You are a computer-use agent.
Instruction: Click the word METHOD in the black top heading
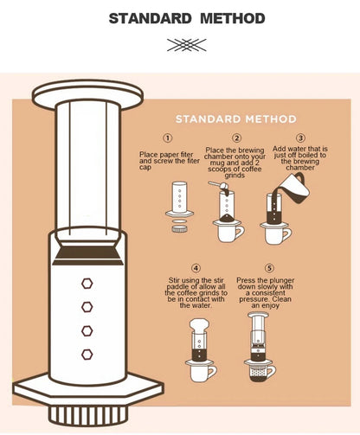[x=233, y=18]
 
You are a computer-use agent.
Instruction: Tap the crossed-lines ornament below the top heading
[x=187, y=45]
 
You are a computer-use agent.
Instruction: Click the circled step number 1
[x=168, y=138]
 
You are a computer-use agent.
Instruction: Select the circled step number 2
[x=237, y=138]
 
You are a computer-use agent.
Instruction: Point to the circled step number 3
[x=300, y=138]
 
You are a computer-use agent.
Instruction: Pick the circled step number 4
[x=196, y=268]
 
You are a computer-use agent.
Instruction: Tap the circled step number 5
[x=269, y=268]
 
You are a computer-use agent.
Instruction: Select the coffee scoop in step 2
[x=219, y=186]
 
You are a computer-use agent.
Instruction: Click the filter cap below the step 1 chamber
[x=179, y=229]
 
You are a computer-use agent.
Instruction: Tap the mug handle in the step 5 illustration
[x=272, y=372]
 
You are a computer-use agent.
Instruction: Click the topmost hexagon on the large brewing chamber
[x=87, y=284]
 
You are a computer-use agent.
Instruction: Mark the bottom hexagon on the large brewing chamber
[x=87, y=355]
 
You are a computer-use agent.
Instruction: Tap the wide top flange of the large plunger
[x=87, y=94]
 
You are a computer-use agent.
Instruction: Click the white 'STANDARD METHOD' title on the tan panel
[x=236, y=119]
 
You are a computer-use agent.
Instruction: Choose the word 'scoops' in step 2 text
[x=220, y=170]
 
